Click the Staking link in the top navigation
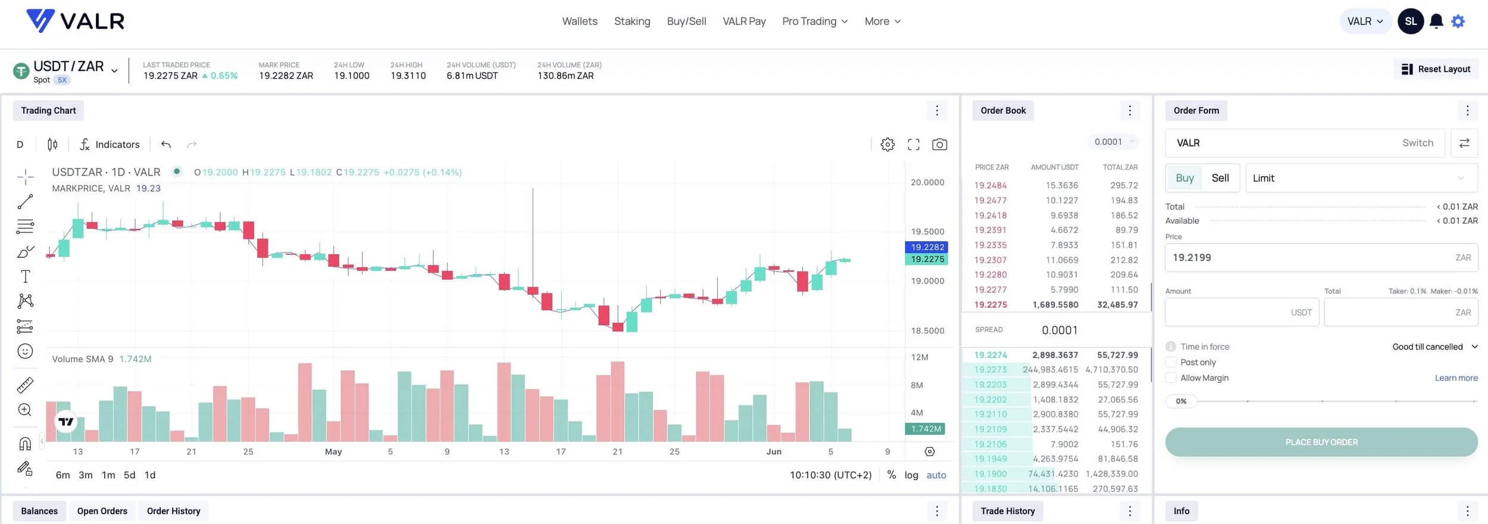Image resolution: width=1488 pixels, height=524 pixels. [x=632, y=21]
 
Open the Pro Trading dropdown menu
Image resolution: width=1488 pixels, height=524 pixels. [x=814, y=21]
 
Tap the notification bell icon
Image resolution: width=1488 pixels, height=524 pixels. [x=1436, y=21]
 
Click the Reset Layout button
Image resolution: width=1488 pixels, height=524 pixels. [x=1436, y=69]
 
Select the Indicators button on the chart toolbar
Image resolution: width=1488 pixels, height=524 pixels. [x=110, y=145]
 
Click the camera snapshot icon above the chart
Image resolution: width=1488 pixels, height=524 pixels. [x=939, y=145]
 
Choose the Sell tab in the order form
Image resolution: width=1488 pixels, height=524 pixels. [x=1220, y=178]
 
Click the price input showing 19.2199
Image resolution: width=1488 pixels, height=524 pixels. [x=1309, y=258]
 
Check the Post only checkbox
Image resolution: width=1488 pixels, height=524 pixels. [x=1171, y=362]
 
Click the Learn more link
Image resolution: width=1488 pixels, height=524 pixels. [x=1456, y=378]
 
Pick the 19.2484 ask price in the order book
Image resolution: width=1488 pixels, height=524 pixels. [x=990, y=186]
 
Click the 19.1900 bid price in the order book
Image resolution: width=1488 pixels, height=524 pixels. [x=990, y=474]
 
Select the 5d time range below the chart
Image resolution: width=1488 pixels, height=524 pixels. [x=129, y=475]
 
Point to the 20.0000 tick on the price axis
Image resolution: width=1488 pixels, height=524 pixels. [x=927, y=182]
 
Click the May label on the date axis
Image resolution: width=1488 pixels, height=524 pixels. [x=333, y=452]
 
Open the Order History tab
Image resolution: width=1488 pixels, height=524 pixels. [x=173, y=511]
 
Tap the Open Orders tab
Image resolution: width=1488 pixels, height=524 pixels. [x=102, y=511]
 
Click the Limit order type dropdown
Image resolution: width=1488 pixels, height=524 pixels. [x=1361, y=178]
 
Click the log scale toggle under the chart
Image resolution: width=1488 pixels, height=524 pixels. [x=911, y=475]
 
